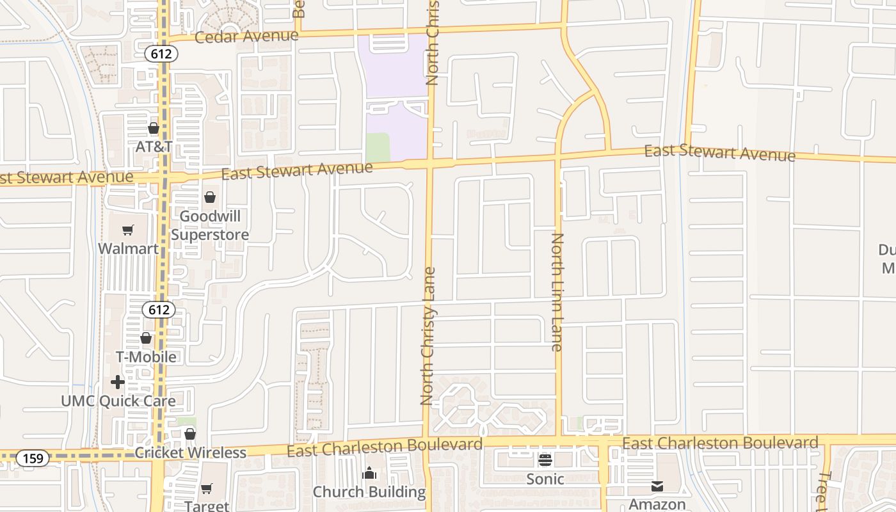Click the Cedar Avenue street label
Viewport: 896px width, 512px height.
[246, 36]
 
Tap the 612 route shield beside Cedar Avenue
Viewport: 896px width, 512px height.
[161, 54]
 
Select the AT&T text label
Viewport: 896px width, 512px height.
[154, 147]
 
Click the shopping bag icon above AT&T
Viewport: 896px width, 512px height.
[154, 129]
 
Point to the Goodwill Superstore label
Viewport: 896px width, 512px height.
[210, 225]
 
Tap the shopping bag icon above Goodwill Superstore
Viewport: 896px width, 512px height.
[210, 197]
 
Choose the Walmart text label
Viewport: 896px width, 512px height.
[128, 248]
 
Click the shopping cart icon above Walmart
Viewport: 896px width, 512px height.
[128, 230]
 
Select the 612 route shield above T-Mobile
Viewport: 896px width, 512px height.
[158, 310]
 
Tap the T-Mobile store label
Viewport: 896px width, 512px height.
[146, 356]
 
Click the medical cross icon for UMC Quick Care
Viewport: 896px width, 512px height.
[118, 382]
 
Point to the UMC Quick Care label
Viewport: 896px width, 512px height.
[118, 401]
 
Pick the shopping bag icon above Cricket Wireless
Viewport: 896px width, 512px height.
[190, 435]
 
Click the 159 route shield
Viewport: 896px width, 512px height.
[33, 458]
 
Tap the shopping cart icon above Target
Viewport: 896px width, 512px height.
[207, 488]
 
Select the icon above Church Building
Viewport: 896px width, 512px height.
[369, 474]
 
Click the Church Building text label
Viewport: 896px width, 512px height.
[369, 492]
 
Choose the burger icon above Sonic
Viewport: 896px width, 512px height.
[545, 460]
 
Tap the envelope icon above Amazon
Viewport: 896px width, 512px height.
[657, 486]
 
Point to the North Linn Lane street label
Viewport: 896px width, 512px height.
[557, 292]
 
